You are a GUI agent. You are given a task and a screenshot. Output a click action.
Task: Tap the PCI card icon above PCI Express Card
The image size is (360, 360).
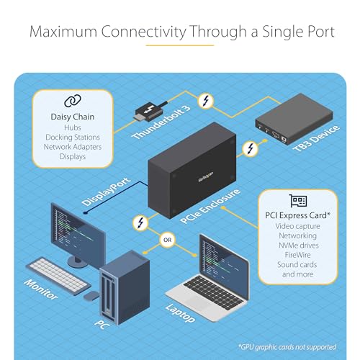(298, 201)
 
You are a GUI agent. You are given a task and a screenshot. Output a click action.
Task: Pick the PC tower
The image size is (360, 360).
(123, 285)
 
